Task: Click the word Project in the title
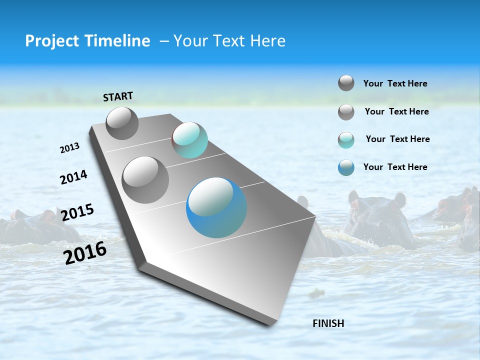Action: click(x=49, y=41)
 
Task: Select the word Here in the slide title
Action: click(x=267, y=41)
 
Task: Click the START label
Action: click(x=118, y=96)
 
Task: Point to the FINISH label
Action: click(x=328, y=323)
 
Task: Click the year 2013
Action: click(x=70, y=148)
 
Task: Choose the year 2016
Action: click(x=85, y=253)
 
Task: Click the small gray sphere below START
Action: click(x=122, y=123)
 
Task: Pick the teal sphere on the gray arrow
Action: click(x=189, y=140)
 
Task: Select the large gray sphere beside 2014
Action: click(x=145, y=180)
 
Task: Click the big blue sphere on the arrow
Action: click(x=216, y=207)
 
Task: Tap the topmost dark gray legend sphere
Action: click(x=346, y=83)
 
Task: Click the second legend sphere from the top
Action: click(x=346, y=112)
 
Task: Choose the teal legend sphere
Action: click(x=346, y=140)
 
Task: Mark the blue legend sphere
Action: click(x=346, y=167)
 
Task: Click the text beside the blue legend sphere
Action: click(x=395, y=167)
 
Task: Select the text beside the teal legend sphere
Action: click(x=397, y=139)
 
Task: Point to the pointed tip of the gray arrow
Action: click(x=272, y=324)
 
